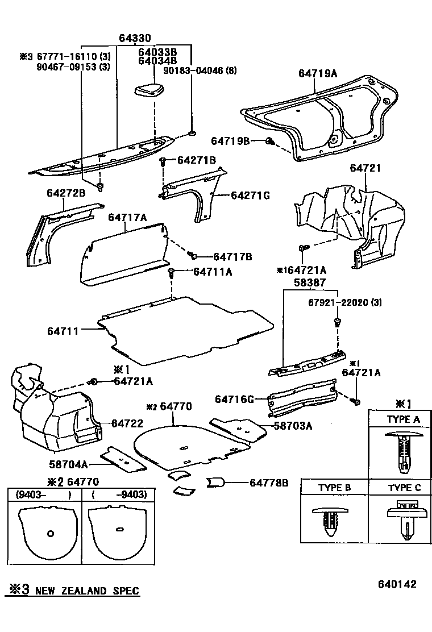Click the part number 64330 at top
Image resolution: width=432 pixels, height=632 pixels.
point(135,39)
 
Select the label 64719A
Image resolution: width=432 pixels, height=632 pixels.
point(318,73)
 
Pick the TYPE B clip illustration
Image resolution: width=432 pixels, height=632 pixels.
point(333,520)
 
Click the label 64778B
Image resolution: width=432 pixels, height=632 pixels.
point(269,483)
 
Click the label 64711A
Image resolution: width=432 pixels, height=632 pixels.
point(213,272)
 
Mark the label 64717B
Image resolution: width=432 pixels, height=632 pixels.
point(232,257)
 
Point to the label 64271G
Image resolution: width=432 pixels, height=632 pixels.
point(250,196)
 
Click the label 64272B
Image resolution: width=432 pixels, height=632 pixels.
point(66,194)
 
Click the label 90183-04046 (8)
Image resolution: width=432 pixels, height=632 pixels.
point(200,70)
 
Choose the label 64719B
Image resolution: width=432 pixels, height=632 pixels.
point(230,140)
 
